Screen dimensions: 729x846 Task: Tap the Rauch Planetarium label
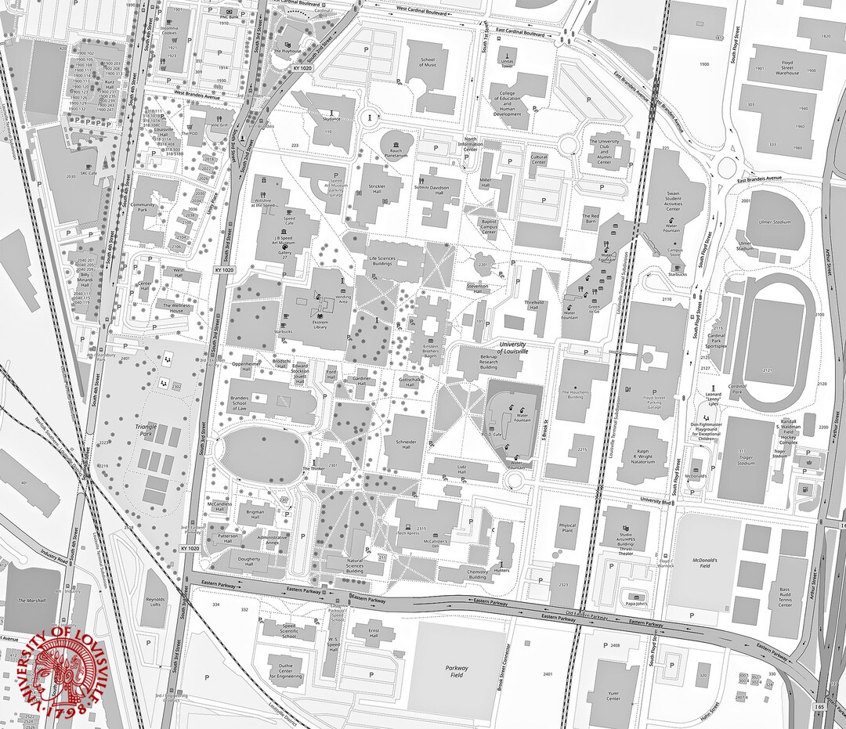point(396,153)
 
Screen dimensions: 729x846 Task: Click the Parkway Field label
point(457,672)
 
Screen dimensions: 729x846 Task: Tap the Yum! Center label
point(613,696)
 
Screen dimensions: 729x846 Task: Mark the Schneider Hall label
point(406,444)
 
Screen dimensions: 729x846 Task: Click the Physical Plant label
point(568,529)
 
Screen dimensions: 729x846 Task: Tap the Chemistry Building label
point(478,574)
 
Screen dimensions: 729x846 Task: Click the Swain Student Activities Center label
point(673,200)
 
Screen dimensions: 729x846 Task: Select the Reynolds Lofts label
point(156,603)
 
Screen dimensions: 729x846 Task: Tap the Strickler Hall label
point(376,189)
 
